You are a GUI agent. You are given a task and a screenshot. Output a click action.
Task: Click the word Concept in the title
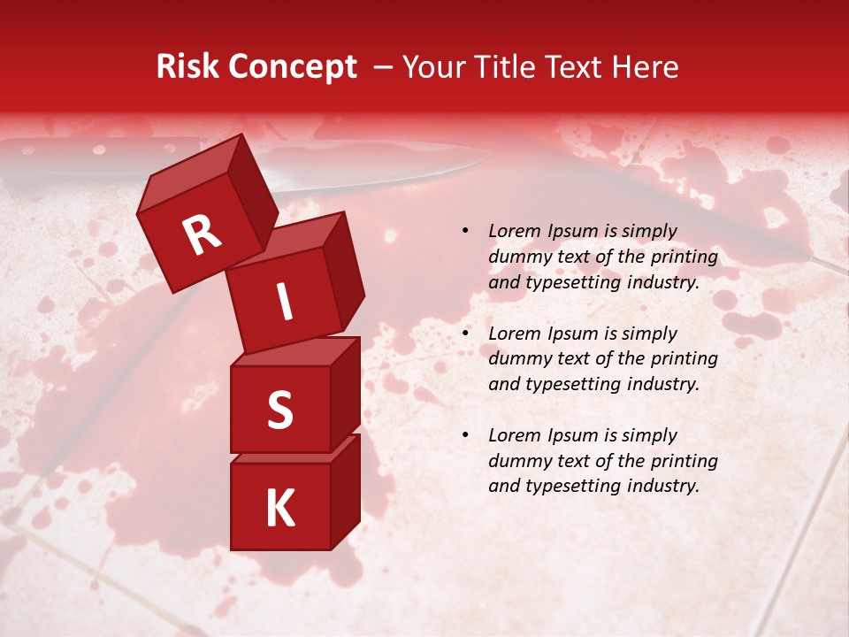291,67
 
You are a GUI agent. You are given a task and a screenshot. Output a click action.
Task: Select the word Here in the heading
647,67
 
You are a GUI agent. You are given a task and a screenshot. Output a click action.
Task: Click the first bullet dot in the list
465,232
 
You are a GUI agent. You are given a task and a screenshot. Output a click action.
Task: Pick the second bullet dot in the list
465,334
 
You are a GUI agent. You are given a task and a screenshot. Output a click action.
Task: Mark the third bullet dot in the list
465,435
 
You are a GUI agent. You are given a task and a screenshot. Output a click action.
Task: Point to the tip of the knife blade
489,156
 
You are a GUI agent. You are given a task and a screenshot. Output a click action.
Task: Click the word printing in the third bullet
684,461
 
